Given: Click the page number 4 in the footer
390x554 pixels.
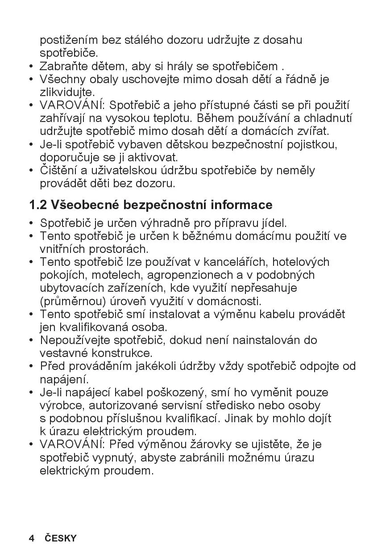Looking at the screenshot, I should pos(32,538).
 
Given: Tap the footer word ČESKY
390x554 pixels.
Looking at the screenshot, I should pos(61,538).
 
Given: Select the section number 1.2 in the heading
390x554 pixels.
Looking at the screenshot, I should pos(38,205).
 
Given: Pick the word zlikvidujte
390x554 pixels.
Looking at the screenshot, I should pos(67,92).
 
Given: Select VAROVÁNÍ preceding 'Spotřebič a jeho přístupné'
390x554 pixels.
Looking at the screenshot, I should pos(72,105).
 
